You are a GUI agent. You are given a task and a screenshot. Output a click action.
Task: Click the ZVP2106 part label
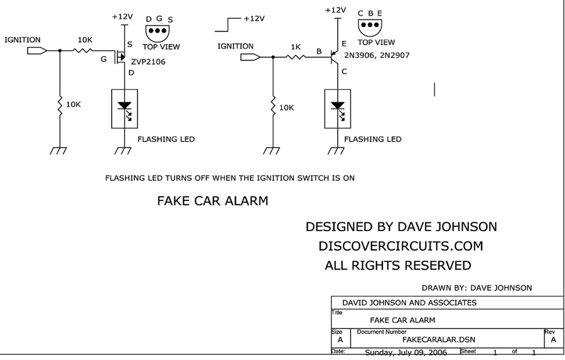[148, 62]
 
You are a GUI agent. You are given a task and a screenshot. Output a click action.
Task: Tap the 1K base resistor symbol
[296, 57]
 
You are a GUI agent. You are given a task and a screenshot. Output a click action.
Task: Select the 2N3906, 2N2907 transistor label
[377, 55]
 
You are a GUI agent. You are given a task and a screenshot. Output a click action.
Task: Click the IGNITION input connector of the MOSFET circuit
[37, 51]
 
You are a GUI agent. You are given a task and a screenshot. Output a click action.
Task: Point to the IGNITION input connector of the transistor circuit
[250, 57]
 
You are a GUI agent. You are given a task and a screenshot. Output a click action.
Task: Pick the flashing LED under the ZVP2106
[124, 109]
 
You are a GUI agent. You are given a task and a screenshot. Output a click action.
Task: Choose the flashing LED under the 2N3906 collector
[338, 109]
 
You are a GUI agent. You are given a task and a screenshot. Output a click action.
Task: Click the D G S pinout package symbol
[158, 33]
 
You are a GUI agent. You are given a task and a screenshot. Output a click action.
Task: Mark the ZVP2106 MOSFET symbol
[121, 57]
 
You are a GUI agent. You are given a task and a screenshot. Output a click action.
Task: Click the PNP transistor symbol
[335, 57]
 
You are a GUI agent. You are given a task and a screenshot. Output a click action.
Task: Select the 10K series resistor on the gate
[82, 50]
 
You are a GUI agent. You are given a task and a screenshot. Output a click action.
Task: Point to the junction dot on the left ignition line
[60, 51]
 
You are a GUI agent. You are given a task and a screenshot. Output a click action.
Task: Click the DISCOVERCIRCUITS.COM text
[401, 246]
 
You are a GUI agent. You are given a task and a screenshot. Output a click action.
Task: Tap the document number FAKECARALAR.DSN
[439, 339]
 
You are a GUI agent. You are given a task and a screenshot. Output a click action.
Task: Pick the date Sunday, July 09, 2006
[406, 352]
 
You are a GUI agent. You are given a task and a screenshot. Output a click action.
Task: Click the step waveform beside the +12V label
[228, 25]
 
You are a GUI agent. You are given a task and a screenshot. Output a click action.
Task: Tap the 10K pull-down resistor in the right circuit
[273, 107]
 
